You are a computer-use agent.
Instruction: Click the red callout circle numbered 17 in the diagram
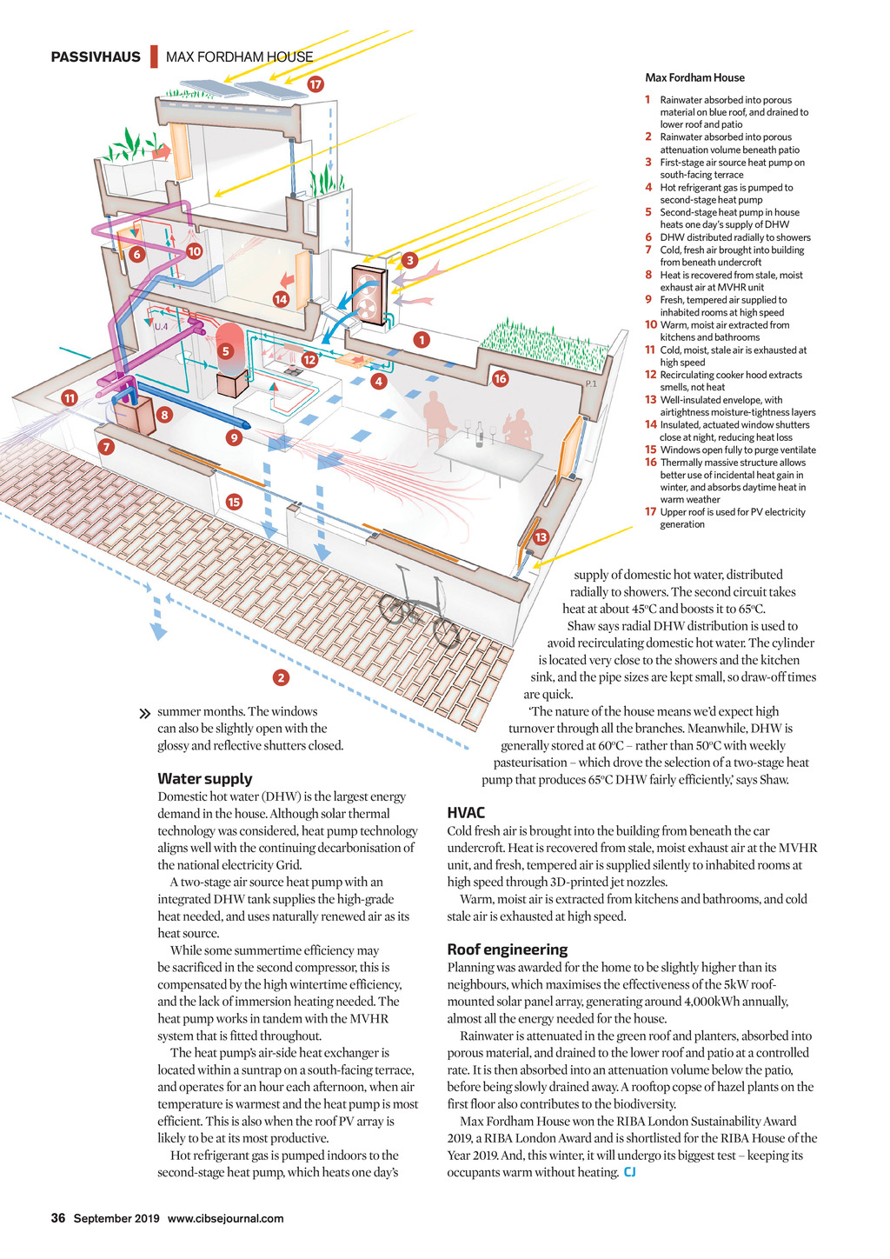point(315,84)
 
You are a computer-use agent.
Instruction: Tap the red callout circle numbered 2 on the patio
point(280,677)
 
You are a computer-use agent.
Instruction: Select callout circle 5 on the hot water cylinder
point(226,351)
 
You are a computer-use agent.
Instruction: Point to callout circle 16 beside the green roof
point(500,378)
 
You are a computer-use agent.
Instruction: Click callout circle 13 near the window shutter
point(541,537)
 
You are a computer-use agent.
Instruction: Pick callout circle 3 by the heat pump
point(409,260)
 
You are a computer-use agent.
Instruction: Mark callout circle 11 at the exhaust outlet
point(70,398)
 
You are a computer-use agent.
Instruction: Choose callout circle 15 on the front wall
point(233,502)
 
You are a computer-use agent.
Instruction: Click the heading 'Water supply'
point(205,779)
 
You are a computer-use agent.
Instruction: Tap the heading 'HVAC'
point(466,813)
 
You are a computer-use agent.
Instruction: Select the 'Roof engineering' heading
point(508,949)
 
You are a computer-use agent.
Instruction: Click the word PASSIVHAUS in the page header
point(96,57)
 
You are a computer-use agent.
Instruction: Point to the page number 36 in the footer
point(58,1218)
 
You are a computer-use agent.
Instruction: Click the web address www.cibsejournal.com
point(225,1218)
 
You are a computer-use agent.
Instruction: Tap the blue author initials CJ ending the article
point(630,1173)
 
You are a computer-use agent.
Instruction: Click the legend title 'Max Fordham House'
point(694,78)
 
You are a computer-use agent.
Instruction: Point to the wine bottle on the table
point(479,434)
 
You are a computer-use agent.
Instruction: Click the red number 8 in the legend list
point(648,275)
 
